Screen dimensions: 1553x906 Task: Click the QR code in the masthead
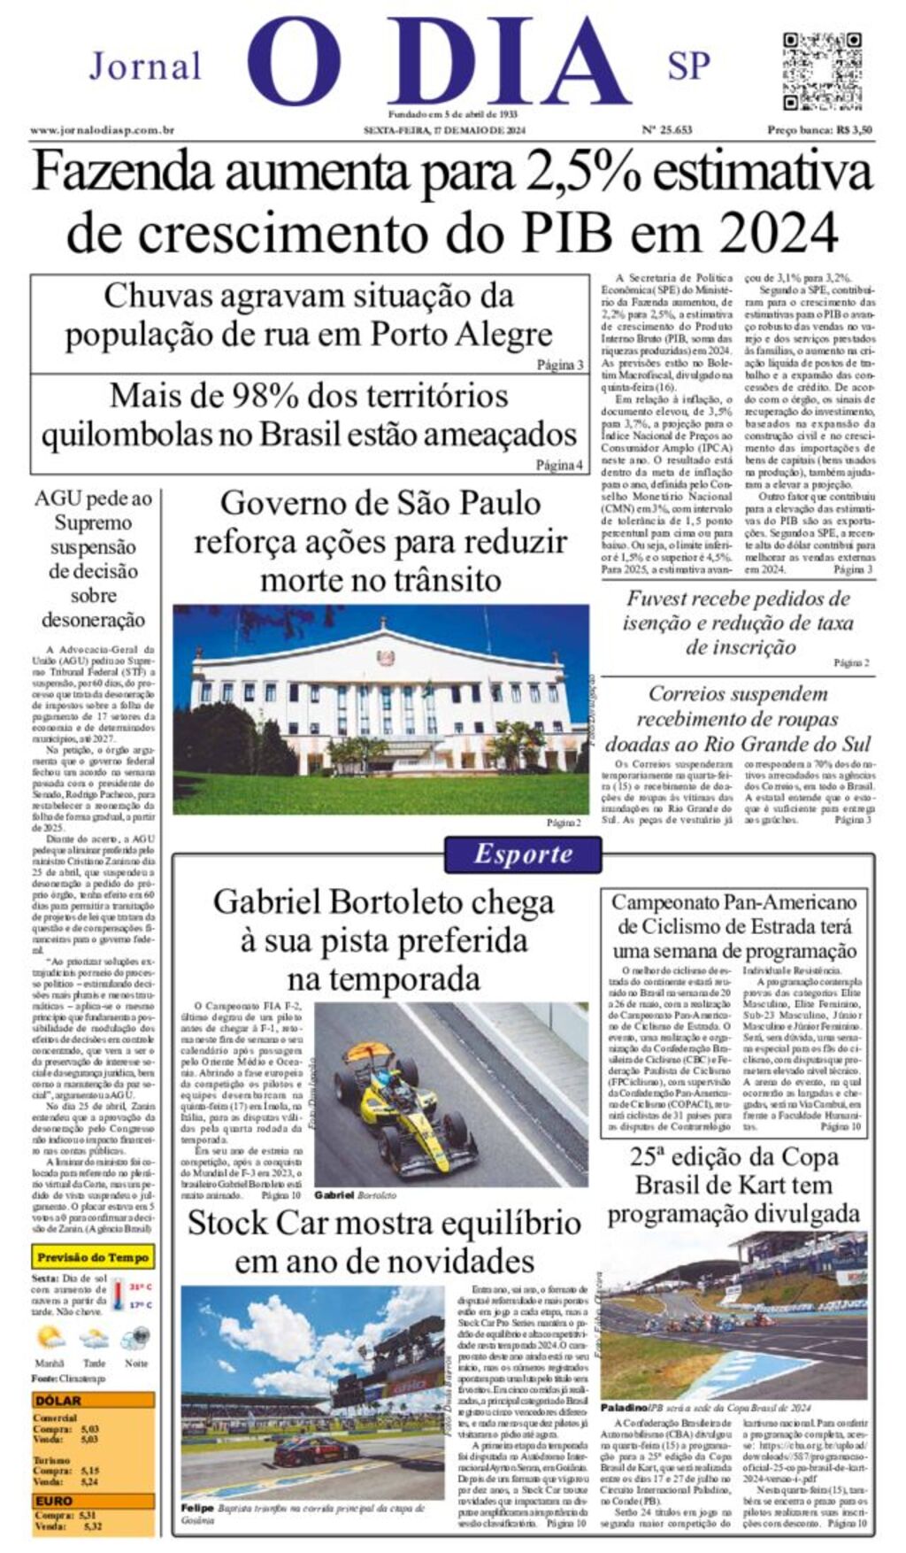coord(822,71)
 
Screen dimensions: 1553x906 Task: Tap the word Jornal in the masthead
coord(146,66)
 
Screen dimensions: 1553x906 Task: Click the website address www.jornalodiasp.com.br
coord(102,130)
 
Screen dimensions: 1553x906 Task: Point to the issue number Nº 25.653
coord(666,130)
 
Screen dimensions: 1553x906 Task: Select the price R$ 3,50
coord(854,130)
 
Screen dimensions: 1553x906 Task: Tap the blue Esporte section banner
coord(523,854)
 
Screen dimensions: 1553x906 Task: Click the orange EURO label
coord(54,1501)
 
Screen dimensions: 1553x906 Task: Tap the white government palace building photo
coord(380,699)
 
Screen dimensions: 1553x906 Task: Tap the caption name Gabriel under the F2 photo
coord(334,1195)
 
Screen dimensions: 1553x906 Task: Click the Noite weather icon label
coord(136,1364)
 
